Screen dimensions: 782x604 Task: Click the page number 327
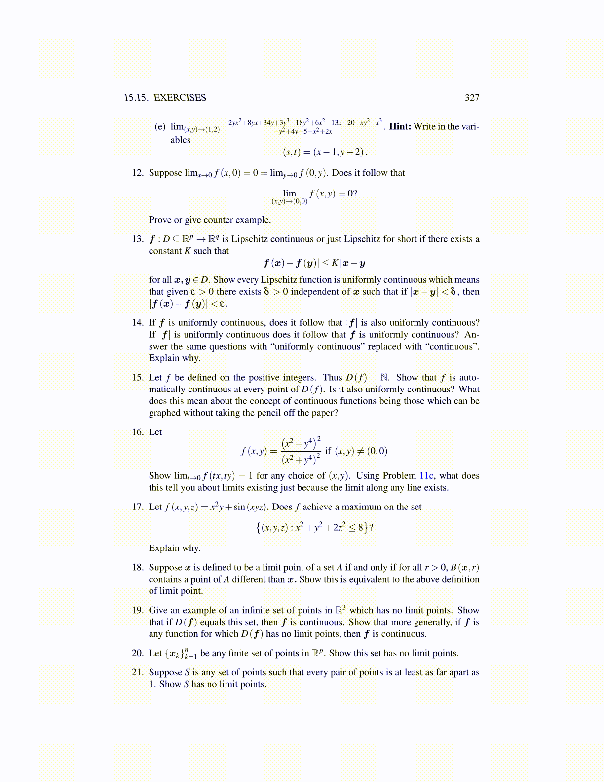(x=472, y=98)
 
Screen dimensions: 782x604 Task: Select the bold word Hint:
(x=400, y=126)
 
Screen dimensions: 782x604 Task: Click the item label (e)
(x=160, y=127)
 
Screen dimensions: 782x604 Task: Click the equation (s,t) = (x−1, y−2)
(x=325, y=152)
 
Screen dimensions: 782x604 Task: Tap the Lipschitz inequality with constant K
(x=314, y=263)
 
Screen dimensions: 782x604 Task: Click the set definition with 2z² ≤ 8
(x=314, y=528)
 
